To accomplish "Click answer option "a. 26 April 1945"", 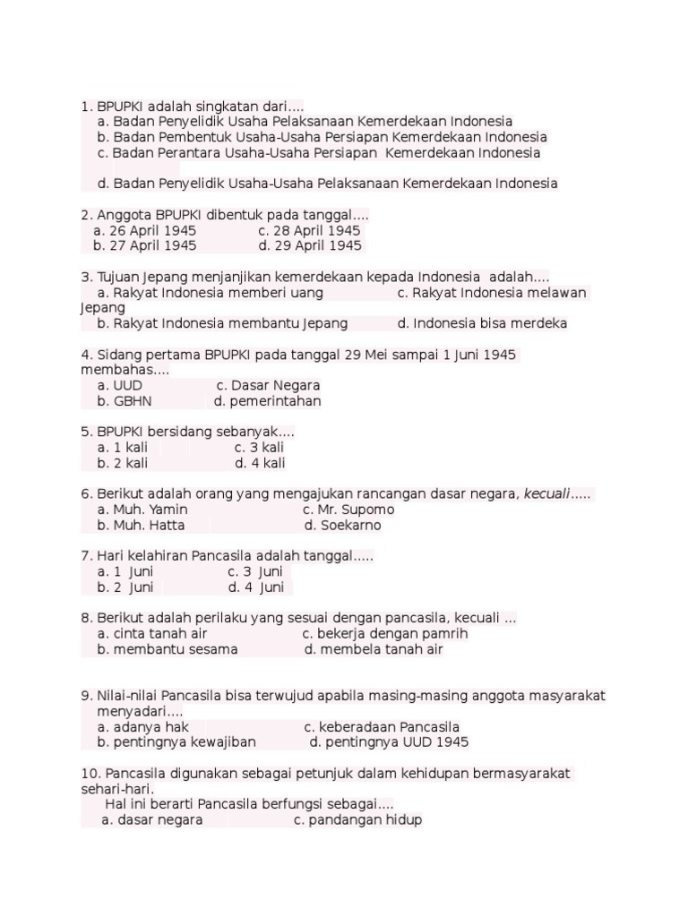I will pyautogui.click(x=144, y=231).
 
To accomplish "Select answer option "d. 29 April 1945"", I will pyautogui.click(x=310, y=245).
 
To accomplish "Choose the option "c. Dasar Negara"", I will pyautogui.click(x=268, y=386).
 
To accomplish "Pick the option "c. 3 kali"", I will pyautogui.click(x=260, y=448).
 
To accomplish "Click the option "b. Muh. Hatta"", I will pyautogui.click(x=142, y=526).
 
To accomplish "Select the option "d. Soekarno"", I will pyautogui.click(x=342, y=526).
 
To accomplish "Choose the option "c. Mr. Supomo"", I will pyautogui.click(x=348, y=510).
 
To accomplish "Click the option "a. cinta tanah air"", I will pyautogui.click(x=150, y=634).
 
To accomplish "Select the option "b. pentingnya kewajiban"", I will pyautogui.click(x=176, y=742).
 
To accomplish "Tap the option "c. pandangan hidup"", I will pyautogui.click(x=357, y=820).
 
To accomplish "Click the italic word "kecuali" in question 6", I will pyautogui.click(x=547, y=494).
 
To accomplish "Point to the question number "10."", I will pyautogui.click(x=90, y=774).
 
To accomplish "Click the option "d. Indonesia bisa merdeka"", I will pyautogui.click(x=482, y=323).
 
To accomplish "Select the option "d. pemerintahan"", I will pyautogui.click(x=267, y=401).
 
